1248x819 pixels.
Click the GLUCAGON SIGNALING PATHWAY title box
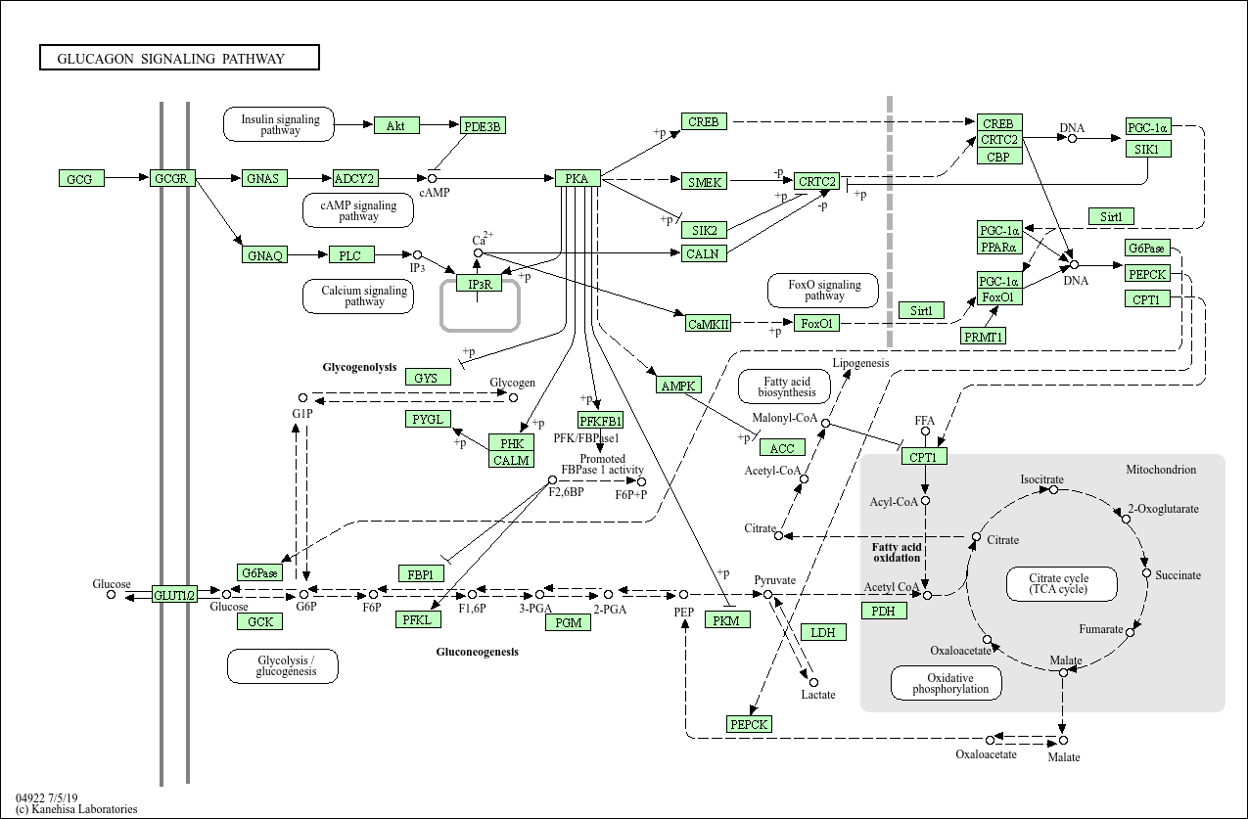pos(179,58)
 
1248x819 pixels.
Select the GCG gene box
pos(80,178)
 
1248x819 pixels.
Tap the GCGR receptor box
pos(173,178)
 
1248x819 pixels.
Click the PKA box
pos(577,178)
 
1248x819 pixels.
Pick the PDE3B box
pos(483,125)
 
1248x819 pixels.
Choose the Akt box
pos(395,125)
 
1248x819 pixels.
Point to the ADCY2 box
pos(354,178)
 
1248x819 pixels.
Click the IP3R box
pos(479,284)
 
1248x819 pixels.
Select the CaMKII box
pos(708,324)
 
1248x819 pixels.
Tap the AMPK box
pos(678,386)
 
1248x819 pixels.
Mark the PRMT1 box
pos(984,337)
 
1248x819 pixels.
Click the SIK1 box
pos(1148,149)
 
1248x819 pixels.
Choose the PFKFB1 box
pos(600,421)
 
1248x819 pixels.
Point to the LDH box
pos(823,632)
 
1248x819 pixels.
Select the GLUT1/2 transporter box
pos(174,594)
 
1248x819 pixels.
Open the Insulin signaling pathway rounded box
pos(280,124)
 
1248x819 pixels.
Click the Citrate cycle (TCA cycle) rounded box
pos(1058,584)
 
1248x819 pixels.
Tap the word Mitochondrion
pos(1160,470)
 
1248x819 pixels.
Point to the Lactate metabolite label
pos(818,695)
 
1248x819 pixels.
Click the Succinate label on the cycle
pos(1178,575)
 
